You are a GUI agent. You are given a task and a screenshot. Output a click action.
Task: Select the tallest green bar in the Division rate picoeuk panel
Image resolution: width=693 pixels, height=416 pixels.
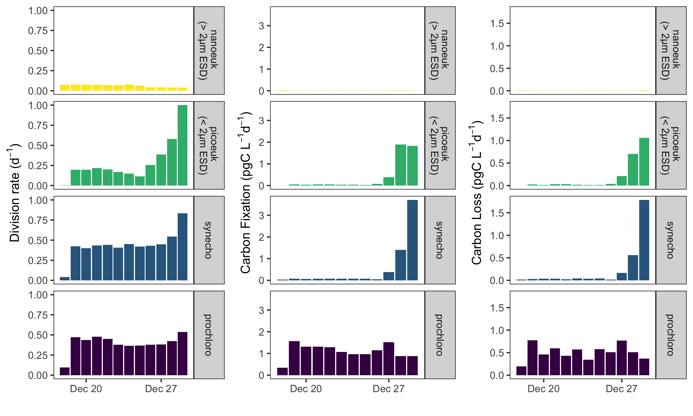coord(182,145)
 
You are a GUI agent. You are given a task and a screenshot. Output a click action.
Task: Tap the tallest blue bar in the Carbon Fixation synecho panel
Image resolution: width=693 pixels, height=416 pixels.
coord(412,240)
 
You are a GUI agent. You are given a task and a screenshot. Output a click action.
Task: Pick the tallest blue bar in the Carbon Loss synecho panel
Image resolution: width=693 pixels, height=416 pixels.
coord(644,240)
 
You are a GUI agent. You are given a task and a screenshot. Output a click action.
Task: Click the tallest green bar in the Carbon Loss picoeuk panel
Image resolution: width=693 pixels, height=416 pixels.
coord(644,161)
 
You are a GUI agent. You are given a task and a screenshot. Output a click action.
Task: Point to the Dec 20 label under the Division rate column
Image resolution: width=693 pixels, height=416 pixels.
coord(86,389)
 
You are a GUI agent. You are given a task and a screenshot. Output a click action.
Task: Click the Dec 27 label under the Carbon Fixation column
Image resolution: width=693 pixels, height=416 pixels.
coord(389,389)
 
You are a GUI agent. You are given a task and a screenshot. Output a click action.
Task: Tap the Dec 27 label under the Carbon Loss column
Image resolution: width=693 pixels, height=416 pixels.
coord(621,389)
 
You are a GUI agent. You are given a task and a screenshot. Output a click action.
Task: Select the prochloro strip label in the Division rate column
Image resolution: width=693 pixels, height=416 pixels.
coord(209,335)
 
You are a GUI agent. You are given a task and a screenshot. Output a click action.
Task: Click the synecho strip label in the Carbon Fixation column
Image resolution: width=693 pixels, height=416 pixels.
coord(440,240)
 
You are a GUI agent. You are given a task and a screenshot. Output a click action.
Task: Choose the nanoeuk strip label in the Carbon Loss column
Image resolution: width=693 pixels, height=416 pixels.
coord(671,50)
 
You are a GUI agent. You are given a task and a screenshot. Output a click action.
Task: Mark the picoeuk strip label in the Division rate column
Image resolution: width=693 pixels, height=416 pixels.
coord(209,145)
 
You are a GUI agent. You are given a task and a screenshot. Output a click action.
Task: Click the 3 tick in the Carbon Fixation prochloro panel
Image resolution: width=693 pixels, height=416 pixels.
coord(261,310)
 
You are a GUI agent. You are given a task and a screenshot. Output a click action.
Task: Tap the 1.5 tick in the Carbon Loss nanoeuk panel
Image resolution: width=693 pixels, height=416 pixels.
coord(497,24)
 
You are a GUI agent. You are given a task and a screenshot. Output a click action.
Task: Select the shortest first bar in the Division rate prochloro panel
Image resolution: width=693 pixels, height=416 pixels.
coord(65,371)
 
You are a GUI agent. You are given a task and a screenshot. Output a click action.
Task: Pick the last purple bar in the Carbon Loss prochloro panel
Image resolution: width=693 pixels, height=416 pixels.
coord(644,367)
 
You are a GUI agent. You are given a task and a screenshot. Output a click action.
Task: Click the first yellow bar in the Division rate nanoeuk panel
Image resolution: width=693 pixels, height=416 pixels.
coord(65,88)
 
